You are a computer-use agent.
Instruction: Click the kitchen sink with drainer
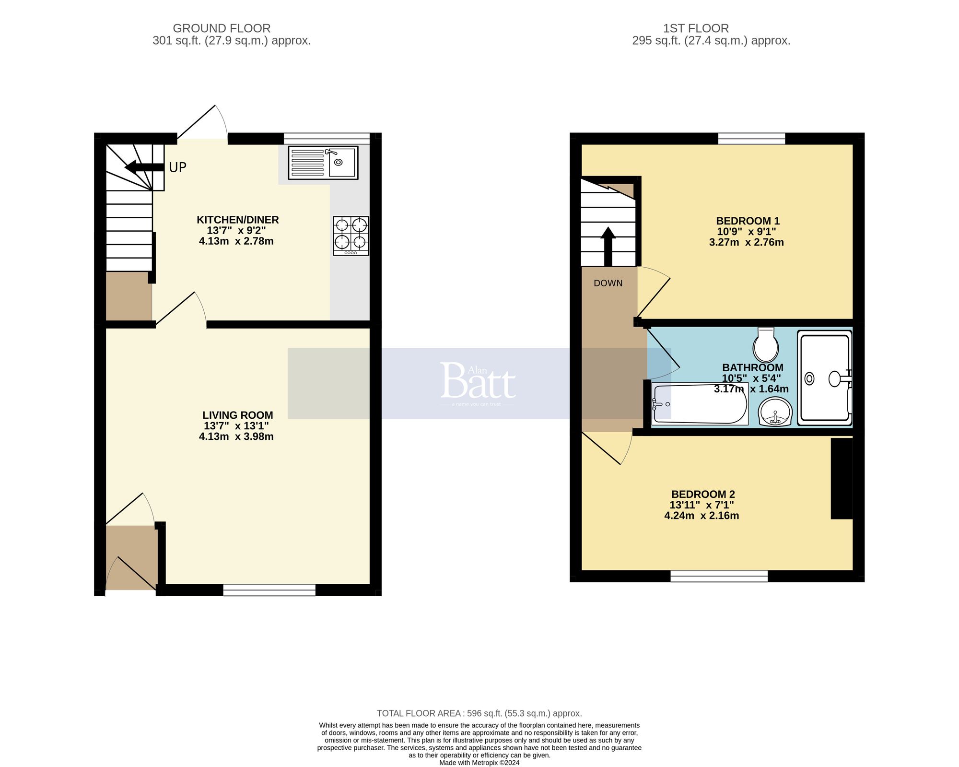pyautogui.click(x=323, y=163)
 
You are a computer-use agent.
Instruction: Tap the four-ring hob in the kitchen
pyautogui.click(x=351, y=236)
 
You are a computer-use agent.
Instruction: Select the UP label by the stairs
pyautogui.click(x=177, y=167)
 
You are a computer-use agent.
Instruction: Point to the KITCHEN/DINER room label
pyautogui.click(x=237, y=220)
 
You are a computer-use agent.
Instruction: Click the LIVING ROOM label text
pyautogui.click(x=237, y=415)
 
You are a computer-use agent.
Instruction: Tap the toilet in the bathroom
pyautogui.click(x=766, y=345)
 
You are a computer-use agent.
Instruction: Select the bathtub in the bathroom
pyautogui.click(x=700, y=404)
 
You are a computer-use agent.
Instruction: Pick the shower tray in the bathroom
pyautogui.click(x=824, y=379)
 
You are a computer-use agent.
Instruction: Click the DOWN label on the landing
pyautogui.click(x=608, y=283)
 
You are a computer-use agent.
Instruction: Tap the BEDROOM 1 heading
pyautogui.click(x=748, y=221)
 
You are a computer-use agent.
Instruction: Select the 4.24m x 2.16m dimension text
pyautogui.click(x=702, y=516)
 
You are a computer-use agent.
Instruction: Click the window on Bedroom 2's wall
pyautogui.click(x=719, y=576)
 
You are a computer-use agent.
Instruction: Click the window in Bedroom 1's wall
pyautogui.click(x=751, y=139)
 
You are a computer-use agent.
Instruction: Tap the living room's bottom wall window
pyautogui.click(x=269, y=590)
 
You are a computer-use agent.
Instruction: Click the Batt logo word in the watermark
pyautogui.click(x=478, y=381)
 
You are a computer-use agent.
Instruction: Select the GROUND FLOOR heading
pyautogui.click(x=222, y=28)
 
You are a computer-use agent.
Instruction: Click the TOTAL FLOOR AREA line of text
pyautogui.click(x=479, y=713)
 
